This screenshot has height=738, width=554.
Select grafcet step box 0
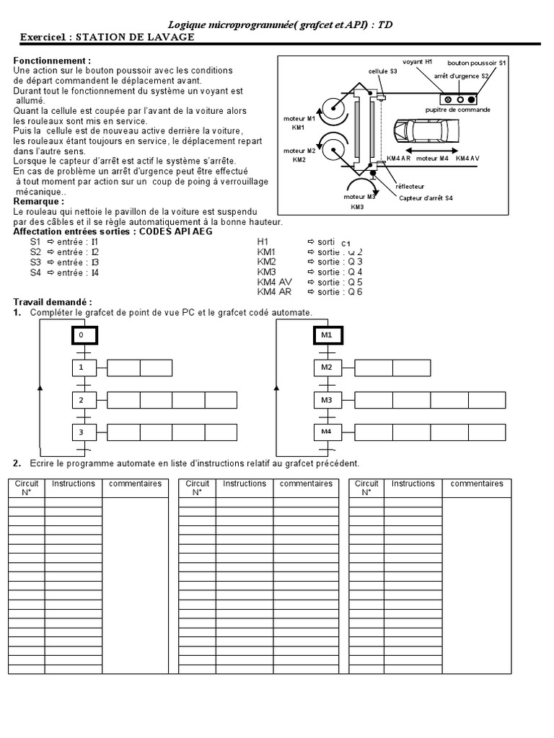point(84,336)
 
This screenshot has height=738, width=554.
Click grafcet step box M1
point(326,336)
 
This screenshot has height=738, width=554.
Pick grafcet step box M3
point(326,400)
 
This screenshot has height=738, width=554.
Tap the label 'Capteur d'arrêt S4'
point(426,197)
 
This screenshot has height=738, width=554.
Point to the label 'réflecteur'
point(409,186)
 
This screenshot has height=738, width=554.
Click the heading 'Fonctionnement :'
point(53,61)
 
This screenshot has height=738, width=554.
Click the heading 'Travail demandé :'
point(53,301)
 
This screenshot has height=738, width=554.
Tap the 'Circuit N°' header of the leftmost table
point(27,488)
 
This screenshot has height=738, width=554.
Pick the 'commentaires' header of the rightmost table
point(476,484)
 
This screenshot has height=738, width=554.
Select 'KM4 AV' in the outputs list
point(275,282)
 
